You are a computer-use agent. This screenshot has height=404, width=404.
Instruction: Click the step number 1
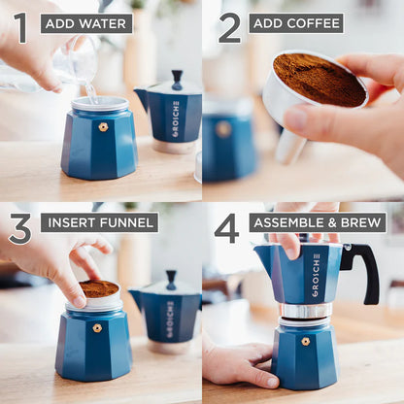click(20, 26)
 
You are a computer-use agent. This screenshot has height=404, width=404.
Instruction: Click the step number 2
click(229, 26)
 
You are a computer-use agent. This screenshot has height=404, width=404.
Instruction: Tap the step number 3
click(19, 228)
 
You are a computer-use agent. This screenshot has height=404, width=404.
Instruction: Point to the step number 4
click(226, 228)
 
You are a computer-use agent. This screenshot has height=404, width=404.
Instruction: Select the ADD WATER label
click(86, 23)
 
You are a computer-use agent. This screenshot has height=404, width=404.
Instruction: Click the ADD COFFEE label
click(295, 23)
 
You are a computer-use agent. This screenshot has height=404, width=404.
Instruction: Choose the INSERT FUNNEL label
click(99, 222)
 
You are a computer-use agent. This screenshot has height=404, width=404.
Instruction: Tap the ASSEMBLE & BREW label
click(317, 222)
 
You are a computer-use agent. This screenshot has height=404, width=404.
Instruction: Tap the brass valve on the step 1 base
click(103, 126)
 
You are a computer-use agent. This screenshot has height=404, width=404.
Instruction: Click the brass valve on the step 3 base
click(97, 328)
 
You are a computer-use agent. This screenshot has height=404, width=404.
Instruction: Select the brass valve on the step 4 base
click(305, 341)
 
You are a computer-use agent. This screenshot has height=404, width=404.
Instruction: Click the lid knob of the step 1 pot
click(176, 77)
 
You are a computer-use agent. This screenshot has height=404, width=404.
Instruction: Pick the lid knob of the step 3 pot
click(171, 278)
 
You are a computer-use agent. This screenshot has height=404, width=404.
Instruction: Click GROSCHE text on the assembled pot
click(316, 275)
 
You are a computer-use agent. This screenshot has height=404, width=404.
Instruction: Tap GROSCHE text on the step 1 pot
click(176, 118)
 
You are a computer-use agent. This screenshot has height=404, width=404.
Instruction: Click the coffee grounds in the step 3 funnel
click(98, 288)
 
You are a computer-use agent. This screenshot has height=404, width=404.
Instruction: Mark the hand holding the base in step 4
click(239, 364)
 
